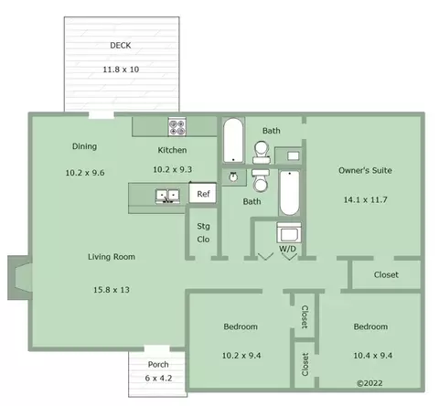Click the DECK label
point(121,46)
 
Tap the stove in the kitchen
point(177,127)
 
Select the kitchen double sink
point(167,196)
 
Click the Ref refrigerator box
point(203,193)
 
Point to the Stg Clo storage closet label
point(203,232)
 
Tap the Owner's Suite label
point(365,170)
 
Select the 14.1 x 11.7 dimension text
point(365,199)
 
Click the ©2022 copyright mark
point(369,383)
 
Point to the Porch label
point(158,364)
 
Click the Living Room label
point(112,257)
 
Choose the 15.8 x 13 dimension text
point(112,290)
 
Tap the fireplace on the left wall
point(19,277)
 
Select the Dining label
point(85,146)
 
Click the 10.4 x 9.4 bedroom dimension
point(372,356)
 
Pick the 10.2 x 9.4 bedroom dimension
point(241,356)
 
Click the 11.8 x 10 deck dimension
point(121,69)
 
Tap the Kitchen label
point(172,150)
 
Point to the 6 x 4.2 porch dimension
point(158,379)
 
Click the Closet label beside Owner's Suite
point(386,274)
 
